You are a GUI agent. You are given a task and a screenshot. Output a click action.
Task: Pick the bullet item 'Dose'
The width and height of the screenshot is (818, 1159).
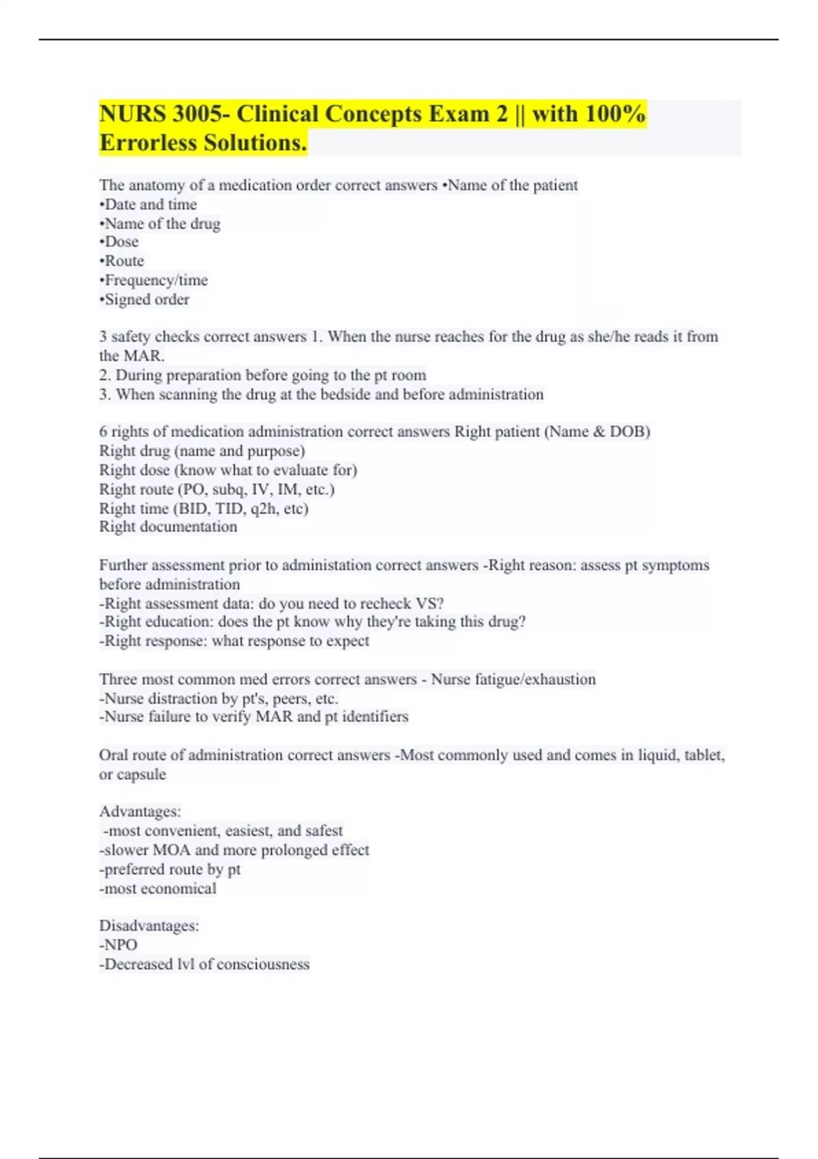coord(121,242)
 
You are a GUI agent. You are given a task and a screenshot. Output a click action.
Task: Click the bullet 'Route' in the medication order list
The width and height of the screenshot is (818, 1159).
coord(123,261)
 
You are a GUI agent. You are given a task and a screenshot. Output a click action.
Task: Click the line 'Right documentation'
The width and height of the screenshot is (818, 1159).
coord(168,527)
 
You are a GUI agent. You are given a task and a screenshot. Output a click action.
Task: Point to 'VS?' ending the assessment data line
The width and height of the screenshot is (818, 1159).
coord(429,603)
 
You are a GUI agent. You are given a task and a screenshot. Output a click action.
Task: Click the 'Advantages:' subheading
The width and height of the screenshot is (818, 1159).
coord(140,812)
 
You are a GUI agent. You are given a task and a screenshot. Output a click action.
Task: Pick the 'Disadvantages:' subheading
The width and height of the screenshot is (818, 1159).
coord(149,926)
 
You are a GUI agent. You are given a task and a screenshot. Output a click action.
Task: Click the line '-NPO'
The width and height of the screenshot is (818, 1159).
coord(119,945)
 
